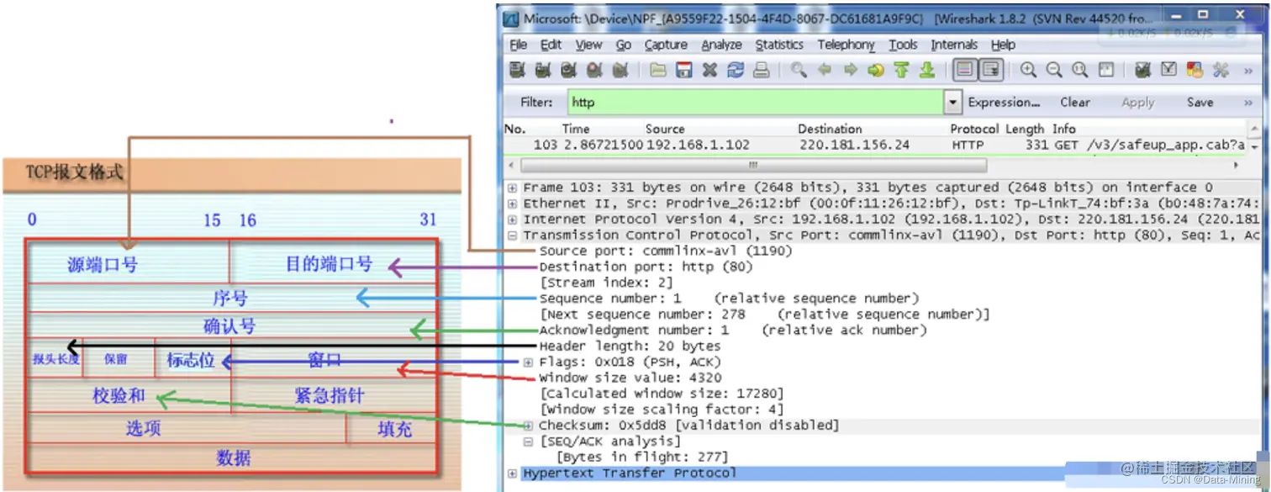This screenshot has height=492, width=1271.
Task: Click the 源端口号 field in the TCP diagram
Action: click(x=103, y=265)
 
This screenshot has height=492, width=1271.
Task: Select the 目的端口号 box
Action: click(x=329, y=264)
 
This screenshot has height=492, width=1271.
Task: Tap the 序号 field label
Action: click(x=229, y=299)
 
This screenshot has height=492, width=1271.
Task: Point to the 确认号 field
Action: click(x=229, y=326)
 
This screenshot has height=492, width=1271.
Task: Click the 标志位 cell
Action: click(x=191, y=361)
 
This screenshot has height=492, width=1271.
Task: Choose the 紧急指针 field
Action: click(x=330, y=395)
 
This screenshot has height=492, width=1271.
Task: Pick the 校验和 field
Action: click(x=119, y=395)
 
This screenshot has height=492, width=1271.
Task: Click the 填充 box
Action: click(x=393, y=429)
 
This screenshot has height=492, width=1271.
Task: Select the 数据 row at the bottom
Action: click(x=233, y=458)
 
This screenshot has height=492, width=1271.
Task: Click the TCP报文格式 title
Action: click(x=75, y=172)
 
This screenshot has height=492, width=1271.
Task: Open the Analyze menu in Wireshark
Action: click(x=721, y=45)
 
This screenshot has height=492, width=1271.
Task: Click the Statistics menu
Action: click(x=778, y=45)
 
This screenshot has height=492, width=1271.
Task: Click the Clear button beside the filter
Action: click(x=1074, y=103)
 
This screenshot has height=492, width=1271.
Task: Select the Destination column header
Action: click(x=829, y=129)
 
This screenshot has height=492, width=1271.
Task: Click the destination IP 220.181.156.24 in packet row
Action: click(x=853, y=145)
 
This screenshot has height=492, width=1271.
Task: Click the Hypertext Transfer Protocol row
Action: click(x=629, y=473)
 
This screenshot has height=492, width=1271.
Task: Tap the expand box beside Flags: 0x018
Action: click(x=528, y=362)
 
